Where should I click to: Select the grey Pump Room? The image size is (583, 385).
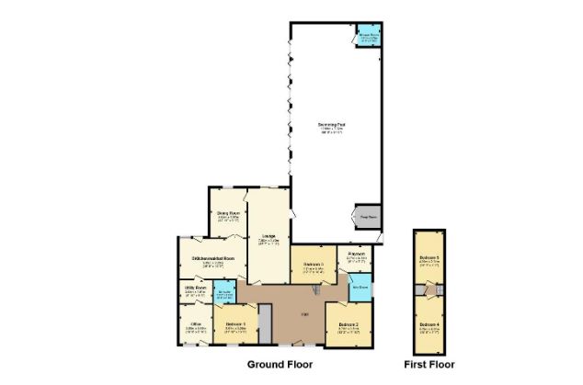click(x=366, y=218)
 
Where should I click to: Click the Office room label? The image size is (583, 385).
click(x=195, y=324)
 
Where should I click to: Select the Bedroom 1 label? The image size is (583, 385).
click(x=235, y=324)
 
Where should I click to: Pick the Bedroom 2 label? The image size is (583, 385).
click(x=348, y=325)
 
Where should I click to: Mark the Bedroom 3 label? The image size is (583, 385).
click(x=313, y=266)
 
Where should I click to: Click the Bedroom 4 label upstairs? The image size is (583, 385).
click(x=429, y=326)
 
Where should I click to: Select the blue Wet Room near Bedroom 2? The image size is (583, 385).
click(x=360, y=288)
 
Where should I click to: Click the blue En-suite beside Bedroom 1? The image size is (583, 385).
click(x=224, y=294)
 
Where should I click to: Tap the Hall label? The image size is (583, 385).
click(x=303, y=316)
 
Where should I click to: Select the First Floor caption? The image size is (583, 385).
click(x=429, y=365)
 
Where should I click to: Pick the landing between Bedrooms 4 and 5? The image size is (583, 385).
click(x=429, y=291)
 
